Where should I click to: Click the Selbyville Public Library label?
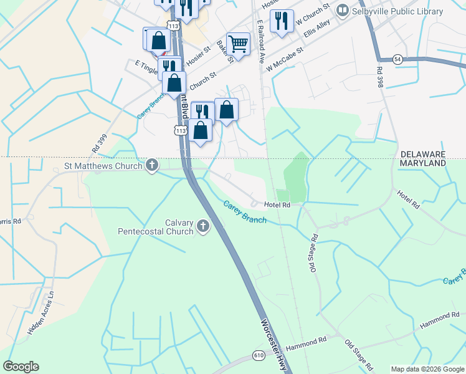click(397, 11)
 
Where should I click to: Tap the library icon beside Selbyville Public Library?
click(342, 11)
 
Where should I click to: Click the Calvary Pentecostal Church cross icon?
click(203, 227)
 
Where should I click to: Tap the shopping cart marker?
click(238, 44)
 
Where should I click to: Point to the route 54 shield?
click(397, 59)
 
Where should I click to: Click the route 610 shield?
click(259, 355)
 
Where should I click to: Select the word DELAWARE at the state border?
click(423, 153)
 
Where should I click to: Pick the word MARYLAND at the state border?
click(423, 163)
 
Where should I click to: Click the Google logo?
click(21, 367)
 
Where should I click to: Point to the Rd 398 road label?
click(378, 78)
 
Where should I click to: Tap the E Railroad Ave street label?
click(262, 41)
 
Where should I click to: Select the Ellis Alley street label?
click(317, 30)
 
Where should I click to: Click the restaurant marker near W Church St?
click(282, 21)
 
